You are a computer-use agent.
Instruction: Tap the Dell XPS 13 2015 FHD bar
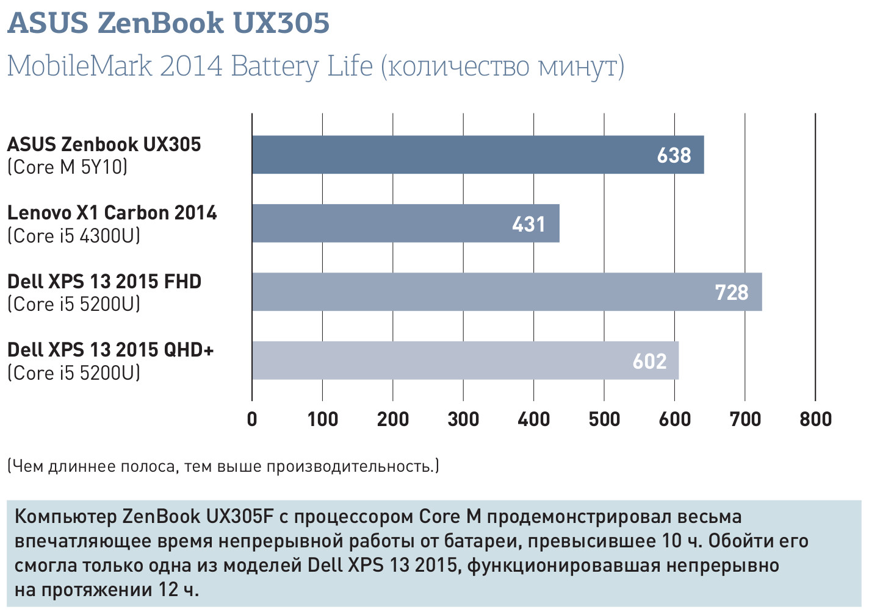507,292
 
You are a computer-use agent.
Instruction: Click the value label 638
674,155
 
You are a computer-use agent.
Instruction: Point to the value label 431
528,224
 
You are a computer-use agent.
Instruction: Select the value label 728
731,293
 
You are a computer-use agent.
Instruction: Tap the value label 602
649,361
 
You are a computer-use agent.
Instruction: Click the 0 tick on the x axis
252,419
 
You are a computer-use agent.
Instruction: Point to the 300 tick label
463,419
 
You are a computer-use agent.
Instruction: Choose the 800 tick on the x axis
815,419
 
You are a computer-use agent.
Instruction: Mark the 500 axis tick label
604,419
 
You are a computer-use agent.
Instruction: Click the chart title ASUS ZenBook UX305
168,23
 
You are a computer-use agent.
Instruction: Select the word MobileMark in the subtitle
79,66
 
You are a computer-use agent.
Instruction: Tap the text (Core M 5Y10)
67,167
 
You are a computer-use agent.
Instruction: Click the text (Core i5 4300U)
73,236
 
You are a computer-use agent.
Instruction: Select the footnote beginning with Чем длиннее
223,466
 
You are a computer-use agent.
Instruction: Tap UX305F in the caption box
240,517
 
